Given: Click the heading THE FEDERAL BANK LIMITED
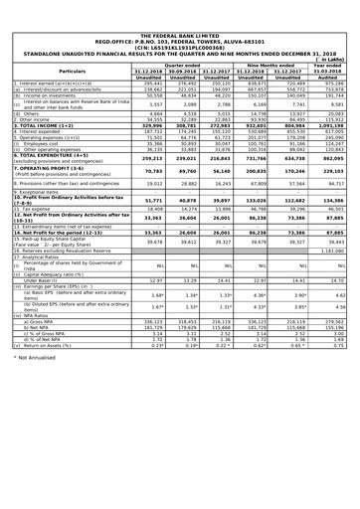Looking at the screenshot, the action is click(179, 7).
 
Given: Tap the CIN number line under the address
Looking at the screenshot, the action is click(179, 21).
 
